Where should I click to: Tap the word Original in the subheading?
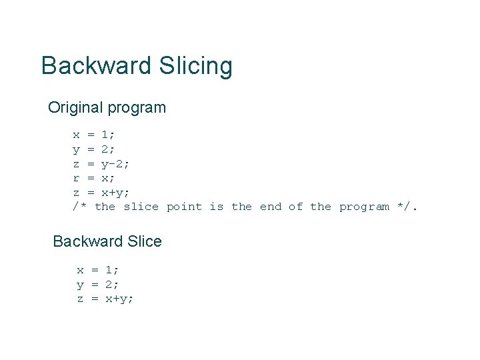[x=74, y=107]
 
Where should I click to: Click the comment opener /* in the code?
[x=80, y=207]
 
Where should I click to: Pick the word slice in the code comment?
[x=141, y=207]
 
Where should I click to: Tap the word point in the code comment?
[x=184, y=207]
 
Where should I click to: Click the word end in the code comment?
[x=271, y=207]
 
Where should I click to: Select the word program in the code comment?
[x=364, y=207]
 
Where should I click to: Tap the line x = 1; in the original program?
[x=94, y=135]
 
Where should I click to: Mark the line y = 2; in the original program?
[x=94, y=149]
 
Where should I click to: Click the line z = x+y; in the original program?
[x=101, y=192]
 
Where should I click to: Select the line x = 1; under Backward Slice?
[x=98, y=270]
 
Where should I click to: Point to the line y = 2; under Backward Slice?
[x=98, y=285]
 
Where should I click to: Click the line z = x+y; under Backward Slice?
[x=105, y=299]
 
